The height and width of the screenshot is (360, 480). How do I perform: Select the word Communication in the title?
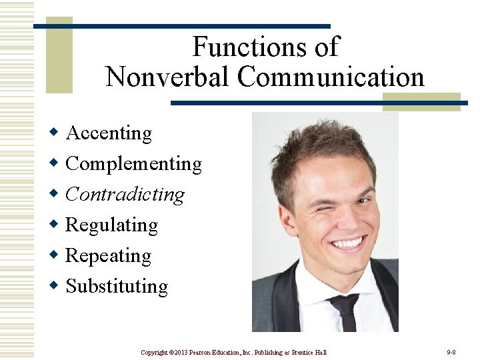point(331,77)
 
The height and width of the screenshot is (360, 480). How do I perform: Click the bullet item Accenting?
point(109,133)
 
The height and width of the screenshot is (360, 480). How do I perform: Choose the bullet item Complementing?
point(133,164)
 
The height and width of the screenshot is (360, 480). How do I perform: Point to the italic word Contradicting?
point(125,195)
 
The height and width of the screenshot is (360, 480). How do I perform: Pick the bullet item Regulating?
point(111,225)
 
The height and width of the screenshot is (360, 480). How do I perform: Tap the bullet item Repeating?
point(108,256)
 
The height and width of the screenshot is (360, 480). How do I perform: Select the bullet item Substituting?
point(117,287)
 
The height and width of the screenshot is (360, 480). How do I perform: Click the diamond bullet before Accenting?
point(55,133)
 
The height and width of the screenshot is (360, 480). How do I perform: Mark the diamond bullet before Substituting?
point(55,286)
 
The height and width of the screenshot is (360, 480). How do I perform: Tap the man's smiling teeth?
point(348,242)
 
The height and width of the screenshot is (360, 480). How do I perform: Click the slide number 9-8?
point(451,352)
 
